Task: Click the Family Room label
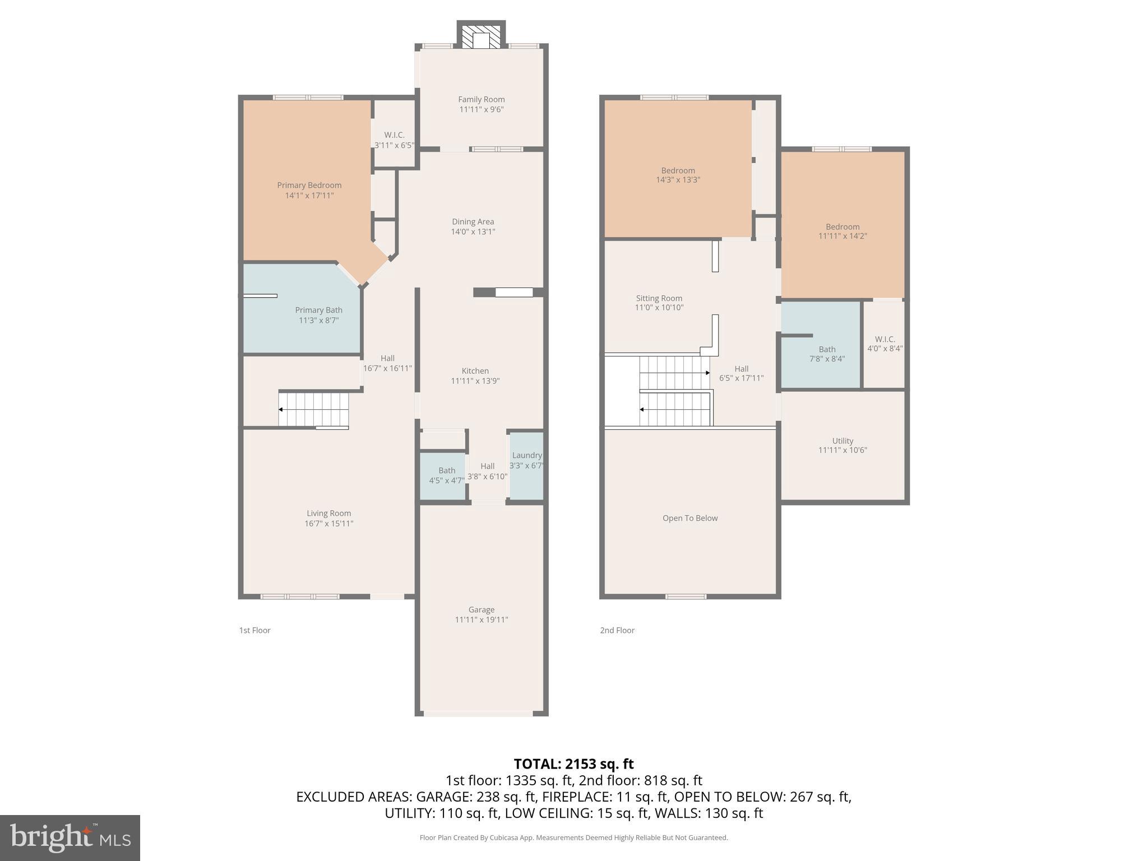click(481, 100)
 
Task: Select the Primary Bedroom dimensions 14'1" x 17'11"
click(309, 196)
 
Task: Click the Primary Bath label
click(318, 310)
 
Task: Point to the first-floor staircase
click(314, 410)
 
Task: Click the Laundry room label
click(526, 455)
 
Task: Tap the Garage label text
click(481, 609)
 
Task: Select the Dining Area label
click(473, 221)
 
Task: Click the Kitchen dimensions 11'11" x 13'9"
click(475, 381)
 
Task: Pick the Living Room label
click(328, 513)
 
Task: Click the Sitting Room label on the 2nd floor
click(659, 298)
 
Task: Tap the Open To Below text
click(689, 518)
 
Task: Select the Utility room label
click(842, 441)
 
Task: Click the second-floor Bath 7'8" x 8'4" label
click(826, 354)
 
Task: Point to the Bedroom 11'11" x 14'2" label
click(842, 231)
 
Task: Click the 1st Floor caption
click(254, 630)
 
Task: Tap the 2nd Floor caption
click(617, 630)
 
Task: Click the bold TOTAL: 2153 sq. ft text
click(573, 764)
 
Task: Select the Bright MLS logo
click(70, 837)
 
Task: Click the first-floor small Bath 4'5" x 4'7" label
click(446, 475)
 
